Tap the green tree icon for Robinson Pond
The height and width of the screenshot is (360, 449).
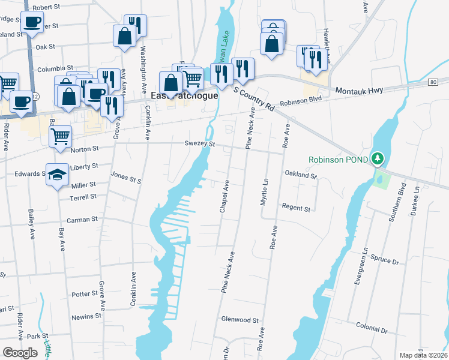coord(377,159)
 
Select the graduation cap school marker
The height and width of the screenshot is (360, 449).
coord(57,175)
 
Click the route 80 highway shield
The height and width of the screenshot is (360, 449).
coord(432,81)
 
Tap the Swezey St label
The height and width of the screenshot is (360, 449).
coord(199,144)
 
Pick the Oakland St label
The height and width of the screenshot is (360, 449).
coord(300,176)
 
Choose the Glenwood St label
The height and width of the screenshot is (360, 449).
coord(240,320)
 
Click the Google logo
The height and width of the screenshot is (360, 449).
coord(20,353)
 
